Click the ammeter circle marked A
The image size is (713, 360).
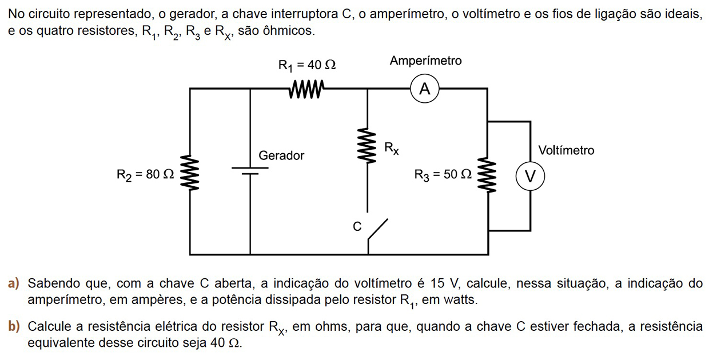pyautogui.click(x=424, y=89)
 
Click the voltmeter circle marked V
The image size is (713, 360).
pyautogui.click(x=530, y=177)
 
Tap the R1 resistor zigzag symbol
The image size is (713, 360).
pyautogui.click(x=307, y=89)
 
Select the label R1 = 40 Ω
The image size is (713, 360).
pyautogui.click(x=306, y=65)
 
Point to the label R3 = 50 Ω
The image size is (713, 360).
pyautogui.click(x=444, y=175)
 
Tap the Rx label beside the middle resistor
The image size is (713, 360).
pyautogui.click(x=392, y=149)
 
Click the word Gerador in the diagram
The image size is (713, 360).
pyautogui.click(x=281, y=155)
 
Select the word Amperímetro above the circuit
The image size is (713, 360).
pyautogui.click(x=425, y=61)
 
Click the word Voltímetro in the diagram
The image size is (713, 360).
pyautogui.click(x=566, y=150)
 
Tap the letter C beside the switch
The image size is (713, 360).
pyautogui.click(x=357, y=227)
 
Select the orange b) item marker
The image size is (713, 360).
pyautogui.click(x=14, y=327)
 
